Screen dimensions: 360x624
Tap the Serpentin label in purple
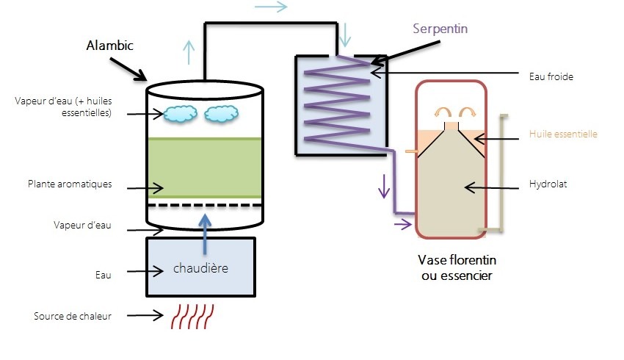click(x=440, y=29)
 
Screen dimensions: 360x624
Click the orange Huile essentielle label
click(x=563, y=134)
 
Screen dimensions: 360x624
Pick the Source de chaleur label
click(x=72, y=317)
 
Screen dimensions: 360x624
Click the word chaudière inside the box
click(x=200, y=268)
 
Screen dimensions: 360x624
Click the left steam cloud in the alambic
click(x=181, y=114)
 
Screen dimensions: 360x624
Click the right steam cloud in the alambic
click(x=221, y=114)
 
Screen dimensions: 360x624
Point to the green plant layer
click(x=205, y=168)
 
